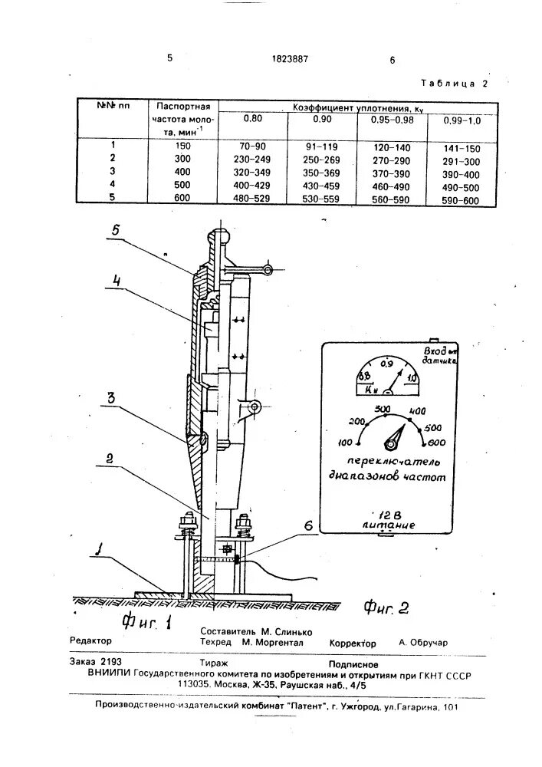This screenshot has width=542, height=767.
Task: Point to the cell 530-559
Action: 320,198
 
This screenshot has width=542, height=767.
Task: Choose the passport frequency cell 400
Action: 182,171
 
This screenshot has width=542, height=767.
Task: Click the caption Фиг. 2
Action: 386,609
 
